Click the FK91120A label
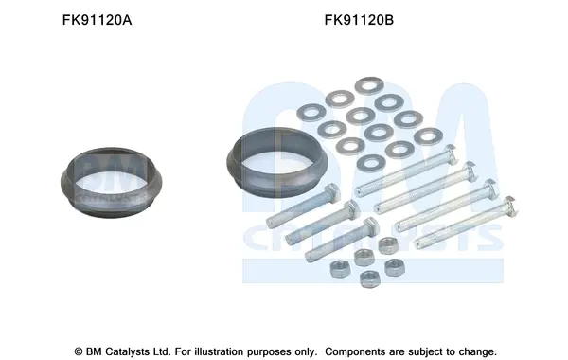(97, 20)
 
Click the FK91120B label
(359, 20)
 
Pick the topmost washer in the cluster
(369, 85)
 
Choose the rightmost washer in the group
(428, 136)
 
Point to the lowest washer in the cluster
(371, 163)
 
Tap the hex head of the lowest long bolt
(508, 206)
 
